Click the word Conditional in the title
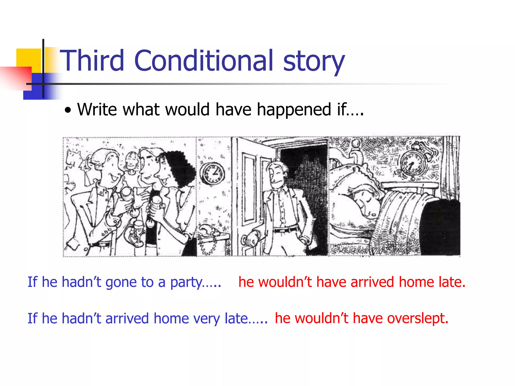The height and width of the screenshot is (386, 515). [x=204, y=61]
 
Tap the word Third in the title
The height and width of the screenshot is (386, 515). [x=92, y=61]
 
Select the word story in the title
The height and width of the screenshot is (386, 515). [x=314, y=62]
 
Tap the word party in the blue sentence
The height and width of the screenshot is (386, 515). [x=186, y=282]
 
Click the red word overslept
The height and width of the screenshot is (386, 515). [x=418, y=319]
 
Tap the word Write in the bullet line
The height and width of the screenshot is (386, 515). [x=97, y=110]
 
